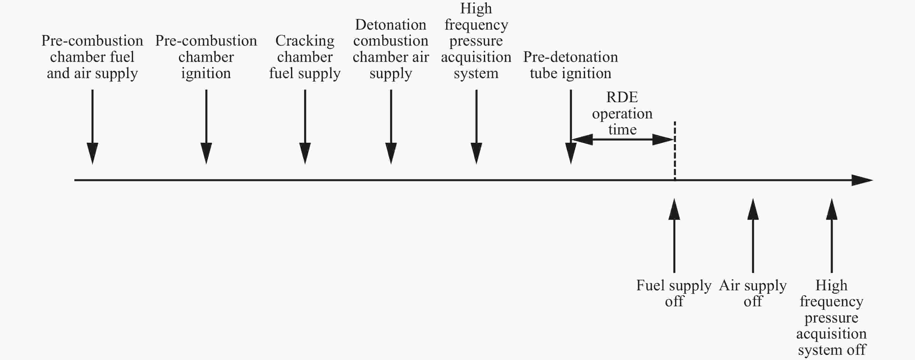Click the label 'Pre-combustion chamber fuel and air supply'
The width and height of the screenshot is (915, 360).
coord(92,57)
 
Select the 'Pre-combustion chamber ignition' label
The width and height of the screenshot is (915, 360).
coord(206,57)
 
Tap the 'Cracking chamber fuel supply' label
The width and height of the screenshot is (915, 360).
coord(305,57)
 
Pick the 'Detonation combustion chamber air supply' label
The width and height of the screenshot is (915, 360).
coord(391,49)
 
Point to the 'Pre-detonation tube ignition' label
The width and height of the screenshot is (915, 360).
coord(570,65)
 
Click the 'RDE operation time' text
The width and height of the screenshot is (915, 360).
coord(622,113)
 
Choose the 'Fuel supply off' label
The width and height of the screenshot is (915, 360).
coord(674,293)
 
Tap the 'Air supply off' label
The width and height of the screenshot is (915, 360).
coord(753,293)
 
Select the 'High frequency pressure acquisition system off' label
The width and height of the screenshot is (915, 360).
coord(832,317)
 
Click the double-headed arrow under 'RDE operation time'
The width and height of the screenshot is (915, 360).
coord(623,140)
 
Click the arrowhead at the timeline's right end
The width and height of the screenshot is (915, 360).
coord(862,180)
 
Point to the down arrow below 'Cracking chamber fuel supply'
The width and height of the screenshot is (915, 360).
coord(305,127)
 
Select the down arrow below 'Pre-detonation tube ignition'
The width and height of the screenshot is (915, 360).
coord(571,127)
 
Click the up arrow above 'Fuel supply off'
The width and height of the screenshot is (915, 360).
coord(674,235)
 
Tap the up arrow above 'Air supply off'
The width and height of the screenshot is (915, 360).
coord(753,235)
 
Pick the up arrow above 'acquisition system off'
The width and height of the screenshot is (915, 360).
coord(832,235)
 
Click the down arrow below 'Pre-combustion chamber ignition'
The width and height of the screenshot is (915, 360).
coord(206,127)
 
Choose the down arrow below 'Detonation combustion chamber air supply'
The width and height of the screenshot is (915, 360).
coord(391,127)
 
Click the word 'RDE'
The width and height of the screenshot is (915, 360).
coord(622,97)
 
